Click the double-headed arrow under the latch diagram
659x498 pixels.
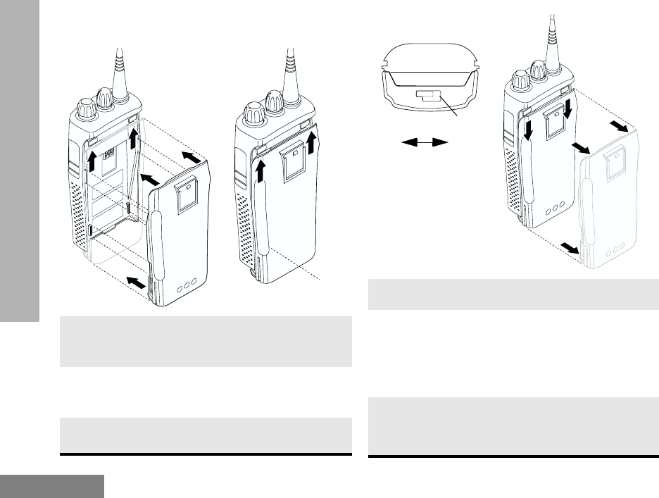[x=425, y=142]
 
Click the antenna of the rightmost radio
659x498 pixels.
[x=551, y=35]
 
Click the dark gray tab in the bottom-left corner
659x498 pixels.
[x=52, y=485]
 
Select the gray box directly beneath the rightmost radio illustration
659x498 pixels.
[x=514, y=294]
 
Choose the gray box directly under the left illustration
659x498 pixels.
[x=206, y=342]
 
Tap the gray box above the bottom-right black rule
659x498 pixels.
[x=514, y=425]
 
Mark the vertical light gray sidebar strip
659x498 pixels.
[x=20, y=162]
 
